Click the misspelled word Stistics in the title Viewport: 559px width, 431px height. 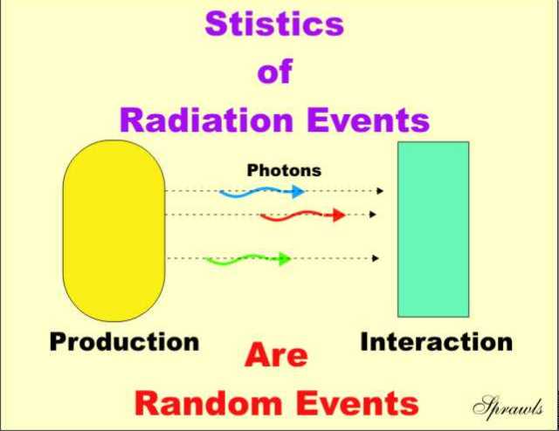tap(274, 24)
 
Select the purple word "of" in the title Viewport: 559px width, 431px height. tap(275, 71)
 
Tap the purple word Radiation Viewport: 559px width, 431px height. tap(206, 120)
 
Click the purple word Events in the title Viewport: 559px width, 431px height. tap(368, 120)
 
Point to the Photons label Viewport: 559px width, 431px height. tap(284, 170)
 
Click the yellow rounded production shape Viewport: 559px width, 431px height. tap(114, 230)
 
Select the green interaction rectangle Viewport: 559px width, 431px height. tap(433, 229)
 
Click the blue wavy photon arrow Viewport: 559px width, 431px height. tap(262, 192)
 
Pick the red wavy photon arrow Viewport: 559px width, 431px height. tap(303, 215)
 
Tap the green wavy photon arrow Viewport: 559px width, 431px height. tap(247, 259)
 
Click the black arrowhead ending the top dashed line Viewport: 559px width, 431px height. tap(381, 191)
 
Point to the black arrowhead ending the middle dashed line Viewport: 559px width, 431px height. tap(373, 215)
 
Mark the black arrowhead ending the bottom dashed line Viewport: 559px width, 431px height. tap(376, 258)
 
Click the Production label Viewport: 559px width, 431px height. tap(124, 342)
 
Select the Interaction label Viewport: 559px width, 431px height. tap(437, 342)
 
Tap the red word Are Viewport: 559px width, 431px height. tap(276, 355)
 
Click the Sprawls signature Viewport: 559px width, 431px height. tap(508, 407)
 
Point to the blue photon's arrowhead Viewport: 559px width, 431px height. tap(298, 192)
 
